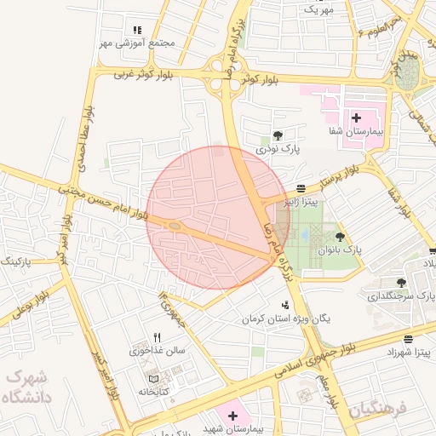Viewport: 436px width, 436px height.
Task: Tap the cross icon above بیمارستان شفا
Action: (356, 118)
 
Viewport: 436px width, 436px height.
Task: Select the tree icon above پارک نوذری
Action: (278, 135)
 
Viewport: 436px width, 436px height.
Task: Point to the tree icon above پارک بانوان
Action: (341, 237)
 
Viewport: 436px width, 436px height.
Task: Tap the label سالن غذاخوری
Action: (157, 350)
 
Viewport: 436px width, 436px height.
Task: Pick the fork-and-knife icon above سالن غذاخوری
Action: (157, 337)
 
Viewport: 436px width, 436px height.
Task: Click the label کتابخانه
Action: (154, 392)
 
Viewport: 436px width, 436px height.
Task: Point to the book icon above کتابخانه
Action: (153, 379)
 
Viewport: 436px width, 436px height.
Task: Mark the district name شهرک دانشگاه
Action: (26, 386)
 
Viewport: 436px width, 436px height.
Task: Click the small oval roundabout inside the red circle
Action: (174, 226)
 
